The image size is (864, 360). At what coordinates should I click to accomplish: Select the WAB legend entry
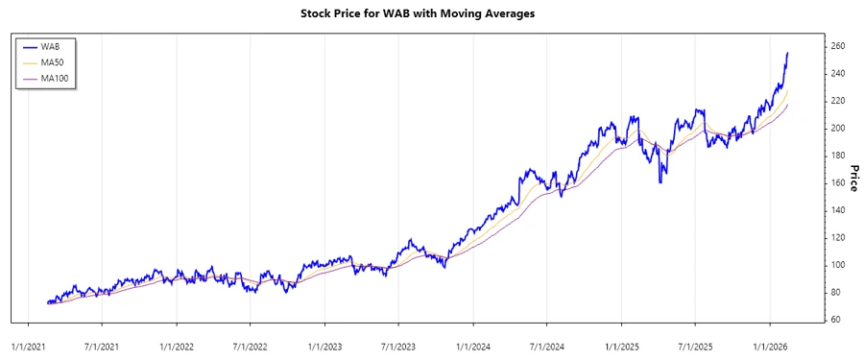pos(54,45)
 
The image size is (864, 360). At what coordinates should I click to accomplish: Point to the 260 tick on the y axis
pos(837,46)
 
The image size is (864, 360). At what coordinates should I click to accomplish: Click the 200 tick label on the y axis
pos(837,128)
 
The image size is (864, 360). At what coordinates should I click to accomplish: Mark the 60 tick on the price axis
pos(834,319)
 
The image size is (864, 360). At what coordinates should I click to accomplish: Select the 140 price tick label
pos(837,209)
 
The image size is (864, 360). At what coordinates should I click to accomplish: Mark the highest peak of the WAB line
pos(788,53)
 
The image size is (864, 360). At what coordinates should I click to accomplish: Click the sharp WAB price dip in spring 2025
pos(660,182)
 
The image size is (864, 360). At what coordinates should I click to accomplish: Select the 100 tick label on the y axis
pos(837,264)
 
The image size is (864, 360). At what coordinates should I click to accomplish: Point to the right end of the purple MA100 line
pos(788,105)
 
